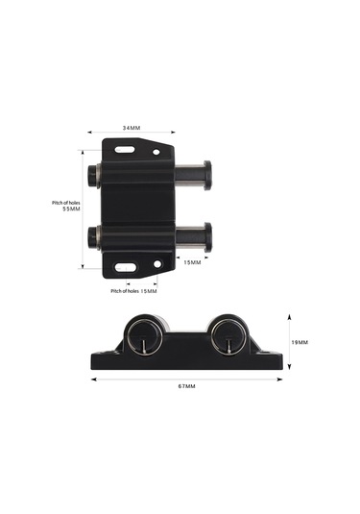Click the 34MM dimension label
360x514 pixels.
coord(132,128)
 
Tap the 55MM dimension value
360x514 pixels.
coord(71,208)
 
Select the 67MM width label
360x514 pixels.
coord(186,386)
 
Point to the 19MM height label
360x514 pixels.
coord(300,342)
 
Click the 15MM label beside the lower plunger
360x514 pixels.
coord(192,262)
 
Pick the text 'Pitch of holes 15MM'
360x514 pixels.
coord(133,291)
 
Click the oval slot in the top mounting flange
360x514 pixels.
coord(125,150)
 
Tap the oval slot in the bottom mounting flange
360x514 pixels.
coord(126,267)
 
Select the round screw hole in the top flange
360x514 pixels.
coord(156,152)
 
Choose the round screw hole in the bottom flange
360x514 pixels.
coord(157,264)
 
